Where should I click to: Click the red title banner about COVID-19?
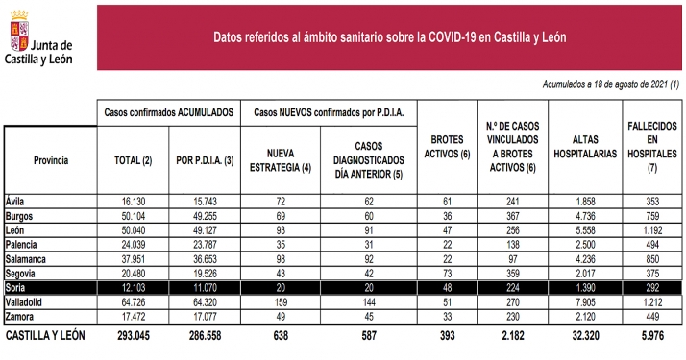(389, 36)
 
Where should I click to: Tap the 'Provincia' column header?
(50, 160)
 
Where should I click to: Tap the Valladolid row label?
(28, 300)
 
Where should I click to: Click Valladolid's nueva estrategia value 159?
(281, 300)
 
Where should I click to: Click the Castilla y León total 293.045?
(135, 337)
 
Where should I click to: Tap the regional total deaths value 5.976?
(649, 337)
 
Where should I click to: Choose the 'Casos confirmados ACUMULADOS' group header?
(169, 112)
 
